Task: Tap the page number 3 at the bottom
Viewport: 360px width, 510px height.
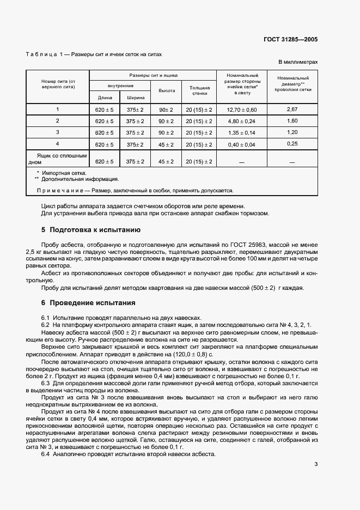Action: pyautogui.click(x=316, y=464)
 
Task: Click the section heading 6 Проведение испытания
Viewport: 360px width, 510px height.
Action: pyautogui.click(x=88, y=302)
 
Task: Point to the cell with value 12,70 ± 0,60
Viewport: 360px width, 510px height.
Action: pyautogui.click(x=237, y=110)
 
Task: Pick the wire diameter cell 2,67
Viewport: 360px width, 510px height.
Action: pyautogui.click(x=292, y=110)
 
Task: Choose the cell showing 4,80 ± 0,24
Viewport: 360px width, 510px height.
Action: pyautogui.click(x=237, y=121)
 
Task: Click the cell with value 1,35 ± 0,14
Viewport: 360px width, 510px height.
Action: pyautogui.click(x=237, y=132)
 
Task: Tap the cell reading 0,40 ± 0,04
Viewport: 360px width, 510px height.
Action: pyautogui.click(x=237, y=144)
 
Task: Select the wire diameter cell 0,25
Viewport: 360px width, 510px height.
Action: pyautogui.click(x=292, y=144)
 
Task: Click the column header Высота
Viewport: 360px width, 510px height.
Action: pyautogui.click(x=167, y=90)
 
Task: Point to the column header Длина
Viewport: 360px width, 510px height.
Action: pyautogui.click(x=105, y=98)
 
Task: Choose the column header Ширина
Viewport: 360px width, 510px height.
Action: pyautogui.click(x=136, y=98)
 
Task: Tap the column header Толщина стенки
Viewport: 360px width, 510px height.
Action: pyautogui.click(x=199, y=90)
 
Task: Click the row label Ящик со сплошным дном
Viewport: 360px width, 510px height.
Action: pyautogui.click(x=58, y=159)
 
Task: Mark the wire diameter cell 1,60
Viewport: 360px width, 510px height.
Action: pyautogui.click(x=292, y=121)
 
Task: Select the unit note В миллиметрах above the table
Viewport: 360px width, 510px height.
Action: pyautogui.click(x=298, y=63)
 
